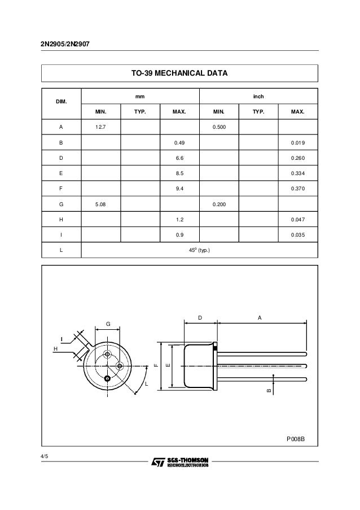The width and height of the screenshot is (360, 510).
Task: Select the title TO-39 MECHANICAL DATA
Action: point(179,73)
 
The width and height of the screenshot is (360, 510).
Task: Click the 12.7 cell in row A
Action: point(100,128)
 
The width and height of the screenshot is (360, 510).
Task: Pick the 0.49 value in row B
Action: point(180,143)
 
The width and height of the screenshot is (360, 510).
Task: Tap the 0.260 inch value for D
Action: point(298,159)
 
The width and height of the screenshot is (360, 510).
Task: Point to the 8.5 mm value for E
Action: point(180,174)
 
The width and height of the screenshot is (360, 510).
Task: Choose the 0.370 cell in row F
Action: point(298,189)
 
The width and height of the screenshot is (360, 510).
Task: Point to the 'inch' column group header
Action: point(258,97)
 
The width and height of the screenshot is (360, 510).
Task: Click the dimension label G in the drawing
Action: point(108,324)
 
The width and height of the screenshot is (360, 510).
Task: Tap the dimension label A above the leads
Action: point(260,317)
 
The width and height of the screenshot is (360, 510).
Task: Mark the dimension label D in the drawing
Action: point(200,317)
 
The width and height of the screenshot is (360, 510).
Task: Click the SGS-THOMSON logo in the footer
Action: point(180,463)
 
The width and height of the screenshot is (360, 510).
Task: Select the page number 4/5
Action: point(45,456)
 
